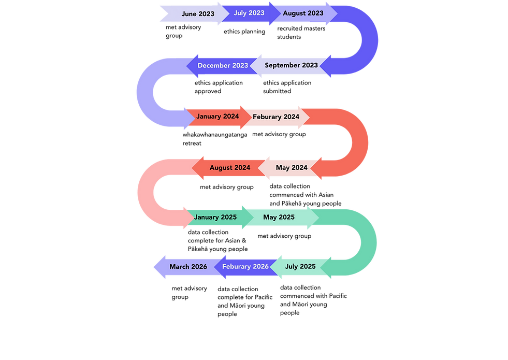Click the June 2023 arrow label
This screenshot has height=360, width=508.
[197, 14]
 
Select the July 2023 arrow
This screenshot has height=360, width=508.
[249, 13]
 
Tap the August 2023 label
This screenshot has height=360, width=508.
[303, 13]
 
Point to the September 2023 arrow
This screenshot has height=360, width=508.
[291, 66]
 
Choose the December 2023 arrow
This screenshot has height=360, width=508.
[223, 66]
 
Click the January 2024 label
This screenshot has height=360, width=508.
[217, 117]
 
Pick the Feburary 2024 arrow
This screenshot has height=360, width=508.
[276, 117]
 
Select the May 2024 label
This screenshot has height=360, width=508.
[292, 168]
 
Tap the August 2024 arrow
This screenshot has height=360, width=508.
[229, 168]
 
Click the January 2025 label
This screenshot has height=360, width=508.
[215, 217]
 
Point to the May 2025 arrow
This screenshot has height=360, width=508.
[279, 218]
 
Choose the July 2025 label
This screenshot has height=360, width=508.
[300, 267]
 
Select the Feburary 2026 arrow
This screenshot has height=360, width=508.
[245, 267]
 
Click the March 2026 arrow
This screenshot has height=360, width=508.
[188, 267]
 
